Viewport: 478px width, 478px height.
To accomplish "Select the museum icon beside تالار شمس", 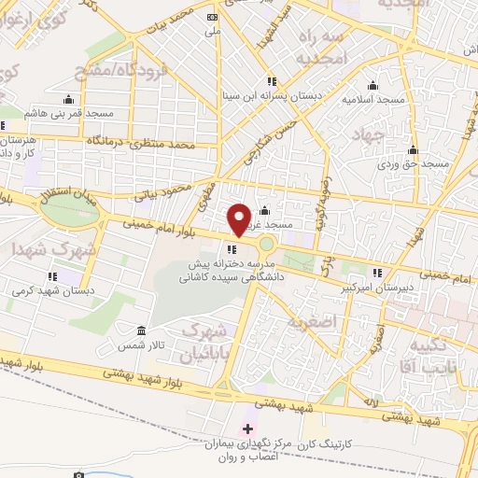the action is pos(141,331).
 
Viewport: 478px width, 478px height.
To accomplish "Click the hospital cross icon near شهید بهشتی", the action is pos(247,430).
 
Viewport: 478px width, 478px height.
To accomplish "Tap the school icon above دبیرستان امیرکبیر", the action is pos(377,274).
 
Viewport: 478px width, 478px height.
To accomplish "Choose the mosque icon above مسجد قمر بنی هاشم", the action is pos(67,100).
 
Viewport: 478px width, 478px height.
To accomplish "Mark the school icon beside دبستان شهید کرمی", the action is pos(53,276).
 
